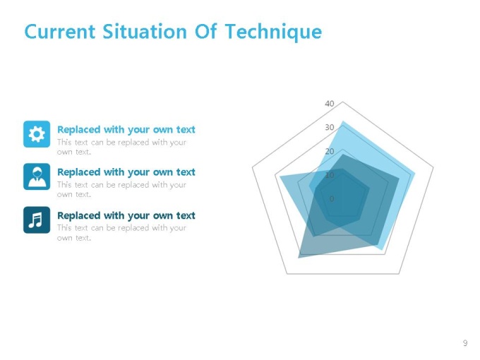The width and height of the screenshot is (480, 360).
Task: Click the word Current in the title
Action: click(60, 32)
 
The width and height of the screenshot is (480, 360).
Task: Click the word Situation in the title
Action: click(145, 31)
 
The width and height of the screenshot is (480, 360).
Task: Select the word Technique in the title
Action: click(273, 32)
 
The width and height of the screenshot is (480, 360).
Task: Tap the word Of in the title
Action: click(205, 31)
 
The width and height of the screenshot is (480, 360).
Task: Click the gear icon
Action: click(37, 134)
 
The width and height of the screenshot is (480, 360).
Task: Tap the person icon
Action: click(37, 176)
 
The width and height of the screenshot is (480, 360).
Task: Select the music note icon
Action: click(37, 220)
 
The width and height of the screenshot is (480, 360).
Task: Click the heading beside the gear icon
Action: click(126, 129)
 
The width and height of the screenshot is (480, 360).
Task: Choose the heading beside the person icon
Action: click(126, 172)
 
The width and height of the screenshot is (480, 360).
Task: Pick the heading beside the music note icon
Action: click(126, 215)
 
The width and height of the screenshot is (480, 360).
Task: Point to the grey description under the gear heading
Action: click(121, 147)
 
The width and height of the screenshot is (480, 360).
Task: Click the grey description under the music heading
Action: click(121, 233)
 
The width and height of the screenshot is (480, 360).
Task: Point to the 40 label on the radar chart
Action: click(330, 104)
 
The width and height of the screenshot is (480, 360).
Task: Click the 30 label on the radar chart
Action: click(330, 127)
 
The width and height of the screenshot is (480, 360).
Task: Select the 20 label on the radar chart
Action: click(330, 151)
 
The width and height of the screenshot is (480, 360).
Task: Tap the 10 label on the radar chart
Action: click(330, 175)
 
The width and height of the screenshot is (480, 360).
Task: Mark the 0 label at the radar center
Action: click(332, 199)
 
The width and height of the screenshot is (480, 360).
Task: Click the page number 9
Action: click(465, 343)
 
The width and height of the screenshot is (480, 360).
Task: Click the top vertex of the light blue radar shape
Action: click(343, 121)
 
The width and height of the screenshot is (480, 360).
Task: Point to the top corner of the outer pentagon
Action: click(343, 102)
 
